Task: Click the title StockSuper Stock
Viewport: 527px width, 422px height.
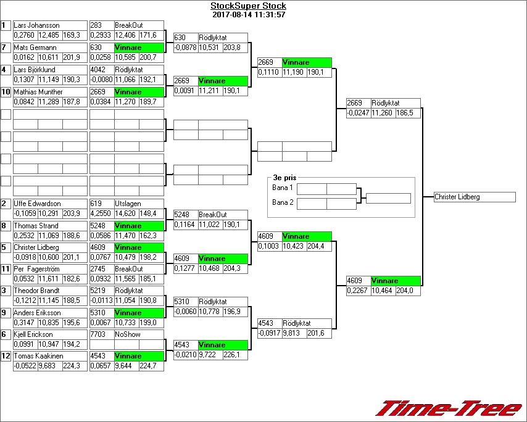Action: pos(248,6)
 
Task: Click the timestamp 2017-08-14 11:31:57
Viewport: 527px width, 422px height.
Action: pos(248,14)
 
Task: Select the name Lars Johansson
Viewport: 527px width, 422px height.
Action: pos(36,25)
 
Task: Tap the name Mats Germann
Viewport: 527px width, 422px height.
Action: pos(35,48)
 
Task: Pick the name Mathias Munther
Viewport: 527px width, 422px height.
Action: pos(38,92)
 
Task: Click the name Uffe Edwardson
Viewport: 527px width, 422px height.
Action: pos(37,204)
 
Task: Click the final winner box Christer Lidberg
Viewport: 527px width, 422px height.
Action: pos(474,197)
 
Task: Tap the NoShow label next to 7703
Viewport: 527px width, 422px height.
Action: pos(128,334)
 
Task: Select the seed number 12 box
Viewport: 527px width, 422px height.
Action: pos(6,356)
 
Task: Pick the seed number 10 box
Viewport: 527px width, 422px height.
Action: pos(6,92)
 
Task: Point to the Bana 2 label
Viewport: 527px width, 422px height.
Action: pos(283,202)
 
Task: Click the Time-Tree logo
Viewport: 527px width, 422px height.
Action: pos(449,409)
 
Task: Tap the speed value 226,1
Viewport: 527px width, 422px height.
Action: pos(231,355)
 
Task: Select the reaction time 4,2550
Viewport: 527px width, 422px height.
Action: pos(101,213)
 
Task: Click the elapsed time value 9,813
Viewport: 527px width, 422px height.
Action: pos(293,333)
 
